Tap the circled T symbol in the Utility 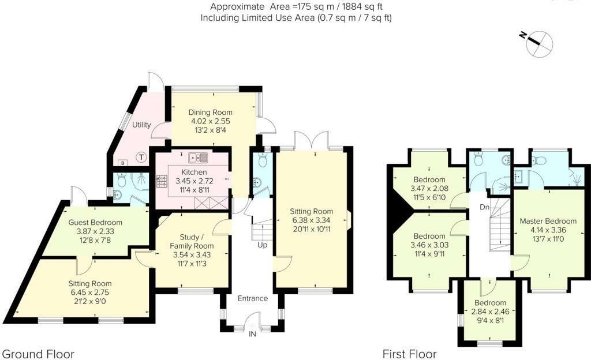pos(141,157)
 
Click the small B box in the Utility pos(122,163)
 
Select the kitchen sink pos(199,157)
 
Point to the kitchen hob pos(162,182)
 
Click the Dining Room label pos(210,112)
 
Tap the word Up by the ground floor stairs pos(263,245)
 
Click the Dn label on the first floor pos(485,207)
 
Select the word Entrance pos(253,298)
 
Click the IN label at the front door pos(253,334)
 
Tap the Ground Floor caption pos(39,354)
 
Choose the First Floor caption pos(409,354)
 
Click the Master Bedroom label pos(548,221)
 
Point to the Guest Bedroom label pos(95,222)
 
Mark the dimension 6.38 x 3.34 pos(311,220)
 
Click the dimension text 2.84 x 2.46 pos(490,312)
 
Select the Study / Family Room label pos(192,241)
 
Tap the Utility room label pos(141,125)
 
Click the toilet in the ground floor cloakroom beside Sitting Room pos(263,160)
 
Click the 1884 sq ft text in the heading pos(362,6)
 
